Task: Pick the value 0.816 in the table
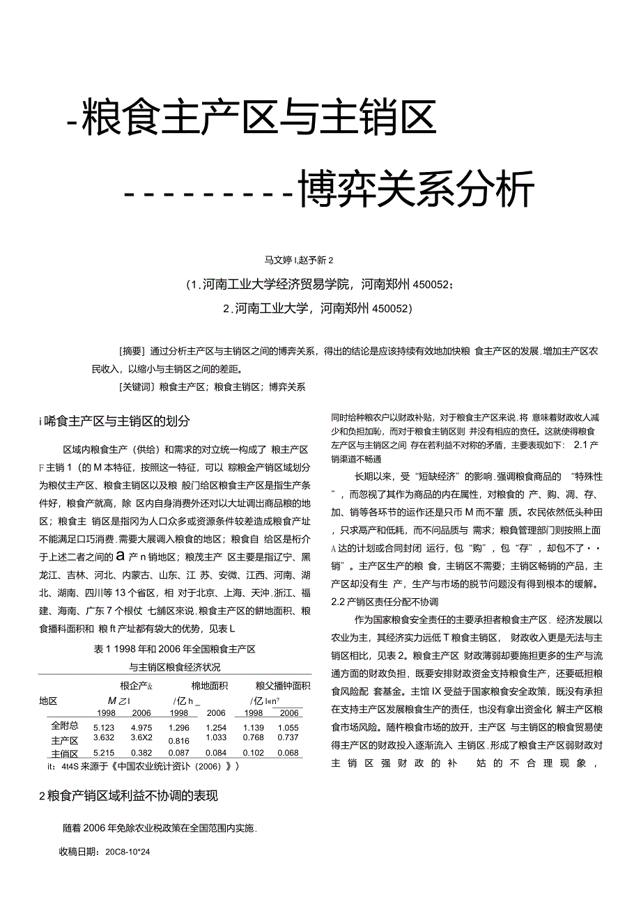click(179, 741)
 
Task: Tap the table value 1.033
click(216, 737)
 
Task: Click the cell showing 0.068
click(288, 753)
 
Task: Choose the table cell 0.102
click(252, 753)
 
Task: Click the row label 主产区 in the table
click(65, 740)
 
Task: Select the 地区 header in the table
click(49, 701)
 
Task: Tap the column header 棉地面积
click(209, 686)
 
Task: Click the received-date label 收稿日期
click(79, 851)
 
